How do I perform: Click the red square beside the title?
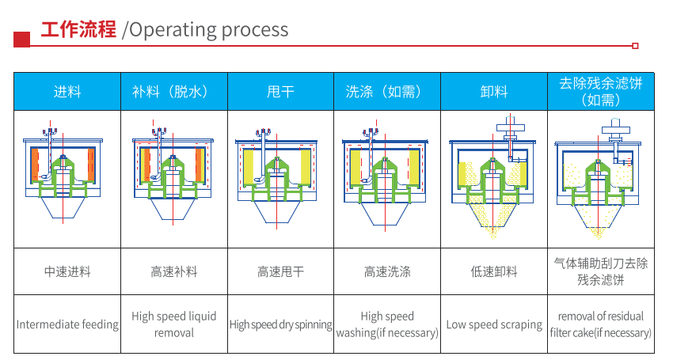pos(23,38)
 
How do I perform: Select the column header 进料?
pos(67,92)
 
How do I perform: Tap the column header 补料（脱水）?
pos(173,92)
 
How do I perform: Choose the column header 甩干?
pos(280,92)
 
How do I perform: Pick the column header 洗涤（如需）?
pos(387,92)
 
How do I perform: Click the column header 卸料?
pos(494,92)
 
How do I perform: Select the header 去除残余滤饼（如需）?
pos(600,91)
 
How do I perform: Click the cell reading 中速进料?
pos(67,271)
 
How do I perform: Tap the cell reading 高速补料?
pos(173,271)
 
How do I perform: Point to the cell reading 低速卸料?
pos(494,271)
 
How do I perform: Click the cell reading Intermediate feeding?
pos(67,324)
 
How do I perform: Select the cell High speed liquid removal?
pos(173,324)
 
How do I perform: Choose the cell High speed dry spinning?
pos(280,324)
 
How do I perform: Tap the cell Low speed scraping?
pos(494,324)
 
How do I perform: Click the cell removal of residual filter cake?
pos(600,324)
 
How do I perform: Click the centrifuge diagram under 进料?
pos(67,174)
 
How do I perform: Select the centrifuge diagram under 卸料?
pos(494,178)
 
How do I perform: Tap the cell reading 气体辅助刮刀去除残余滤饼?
pos(600,271)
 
